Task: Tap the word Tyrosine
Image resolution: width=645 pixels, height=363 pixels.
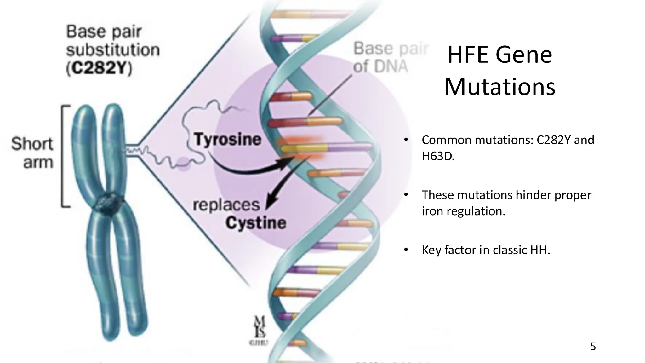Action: pyautogui.click(x=227, y=139)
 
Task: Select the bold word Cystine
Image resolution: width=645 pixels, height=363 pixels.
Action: pyautogui.click(x=256, y=223)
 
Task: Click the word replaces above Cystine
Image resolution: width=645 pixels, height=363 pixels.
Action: pyautogui.click(x=226, y=205)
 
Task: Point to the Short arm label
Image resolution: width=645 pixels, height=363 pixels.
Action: pyautogui.click(x=32, y=153)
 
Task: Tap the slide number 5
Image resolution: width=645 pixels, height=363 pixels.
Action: pyautogui.click(x=593, y=347)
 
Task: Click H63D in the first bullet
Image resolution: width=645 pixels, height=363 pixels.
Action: pyautogui.click(x=438, y=156)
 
